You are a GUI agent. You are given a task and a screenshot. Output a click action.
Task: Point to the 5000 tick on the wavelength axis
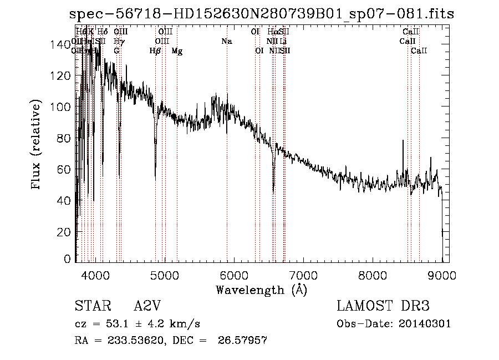click(164, 274)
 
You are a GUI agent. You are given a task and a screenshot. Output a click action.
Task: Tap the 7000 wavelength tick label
click(303, 274)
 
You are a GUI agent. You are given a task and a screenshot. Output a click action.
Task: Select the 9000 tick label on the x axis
click(442, 274)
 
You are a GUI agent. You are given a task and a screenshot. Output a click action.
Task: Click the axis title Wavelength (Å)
click(261, 290)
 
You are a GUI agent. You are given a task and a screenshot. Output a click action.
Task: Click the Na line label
click(226, 42)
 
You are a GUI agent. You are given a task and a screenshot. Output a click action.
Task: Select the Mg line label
click(177, 51)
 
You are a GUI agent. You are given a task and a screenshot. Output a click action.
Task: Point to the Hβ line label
click(155, 51)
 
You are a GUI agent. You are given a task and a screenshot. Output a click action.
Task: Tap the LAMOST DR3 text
click(383, 307)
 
